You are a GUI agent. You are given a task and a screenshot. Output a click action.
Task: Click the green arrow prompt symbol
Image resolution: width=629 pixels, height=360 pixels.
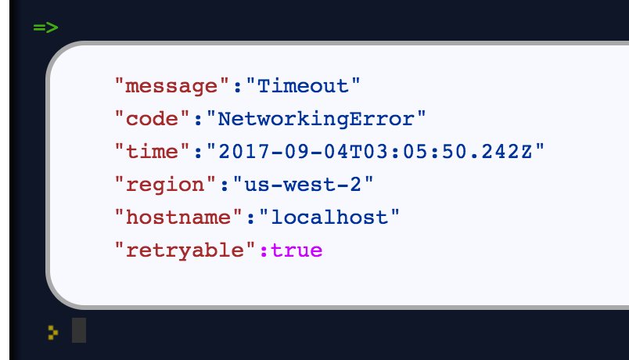tap(45, 28)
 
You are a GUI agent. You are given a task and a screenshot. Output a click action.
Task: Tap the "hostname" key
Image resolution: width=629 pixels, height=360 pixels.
tap(179, 218)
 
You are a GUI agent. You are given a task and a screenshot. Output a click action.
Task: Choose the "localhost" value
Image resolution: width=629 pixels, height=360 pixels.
tap(329, 218)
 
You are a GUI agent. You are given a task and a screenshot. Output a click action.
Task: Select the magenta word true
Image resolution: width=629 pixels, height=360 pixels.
tap(297, 251)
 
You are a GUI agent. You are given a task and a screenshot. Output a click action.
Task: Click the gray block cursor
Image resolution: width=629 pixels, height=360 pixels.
tap(79, 330)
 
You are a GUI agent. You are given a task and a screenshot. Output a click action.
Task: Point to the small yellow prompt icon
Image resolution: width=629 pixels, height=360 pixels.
tap(52, 332)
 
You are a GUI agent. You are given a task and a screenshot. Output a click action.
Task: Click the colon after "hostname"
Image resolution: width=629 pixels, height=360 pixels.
tap(252, 218)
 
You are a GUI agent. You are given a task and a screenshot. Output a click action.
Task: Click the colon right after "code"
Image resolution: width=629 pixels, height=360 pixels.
tap(199, 118)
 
